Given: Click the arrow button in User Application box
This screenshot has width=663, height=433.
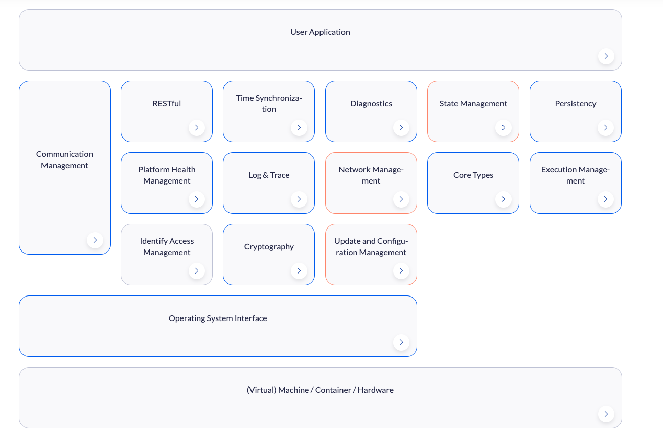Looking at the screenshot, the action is [x=606, y=56].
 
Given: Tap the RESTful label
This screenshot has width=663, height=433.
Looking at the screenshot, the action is [x=167, y=104].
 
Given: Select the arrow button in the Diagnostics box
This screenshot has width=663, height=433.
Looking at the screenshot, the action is [x=401, y=128].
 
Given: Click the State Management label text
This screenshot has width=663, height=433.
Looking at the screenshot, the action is [x=473, y=104].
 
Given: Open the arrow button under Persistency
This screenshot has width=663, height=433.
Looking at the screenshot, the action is [x=606, y=128].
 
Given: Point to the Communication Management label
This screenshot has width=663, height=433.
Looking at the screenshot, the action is [x=64, y=160].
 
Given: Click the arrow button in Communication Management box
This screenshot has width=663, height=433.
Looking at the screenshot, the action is [x=95, y=240].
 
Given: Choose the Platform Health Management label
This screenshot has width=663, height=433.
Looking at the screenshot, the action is [x=167, y=175].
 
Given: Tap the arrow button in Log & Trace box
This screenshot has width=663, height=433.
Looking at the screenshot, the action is [x=299, y=199].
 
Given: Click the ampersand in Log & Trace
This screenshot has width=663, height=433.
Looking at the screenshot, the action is [x=265, y=175].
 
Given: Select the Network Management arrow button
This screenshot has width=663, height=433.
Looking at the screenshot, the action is [x=401, y=199].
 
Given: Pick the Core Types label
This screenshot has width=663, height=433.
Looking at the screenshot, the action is [x=473, y=175].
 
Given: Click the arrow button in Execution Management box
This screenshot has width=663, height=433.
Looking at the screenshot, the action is [x=606, y=199].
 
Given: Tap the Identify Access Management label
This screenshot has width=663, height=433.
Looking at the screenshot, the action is [x=167, y=247].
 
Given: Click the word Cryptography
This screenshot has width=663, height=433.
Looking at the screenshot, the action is [x=269, y=247].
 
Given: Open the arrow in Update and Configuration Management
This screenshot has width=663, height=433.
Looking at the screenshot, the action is [x=401, y=271].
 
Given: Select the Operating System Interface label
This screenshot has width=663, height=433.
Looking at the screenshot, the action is [x=218, y=318].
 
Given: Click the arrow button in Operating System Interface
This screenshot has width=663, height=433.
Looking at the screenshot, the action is [x=401, y=343].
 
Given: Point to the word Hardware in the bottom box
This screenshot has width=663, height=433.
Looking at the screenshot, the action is [x=376, y=390].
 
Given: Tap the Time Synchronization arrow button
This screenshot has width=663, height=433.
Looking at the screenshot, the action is [x=299, y=128].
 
